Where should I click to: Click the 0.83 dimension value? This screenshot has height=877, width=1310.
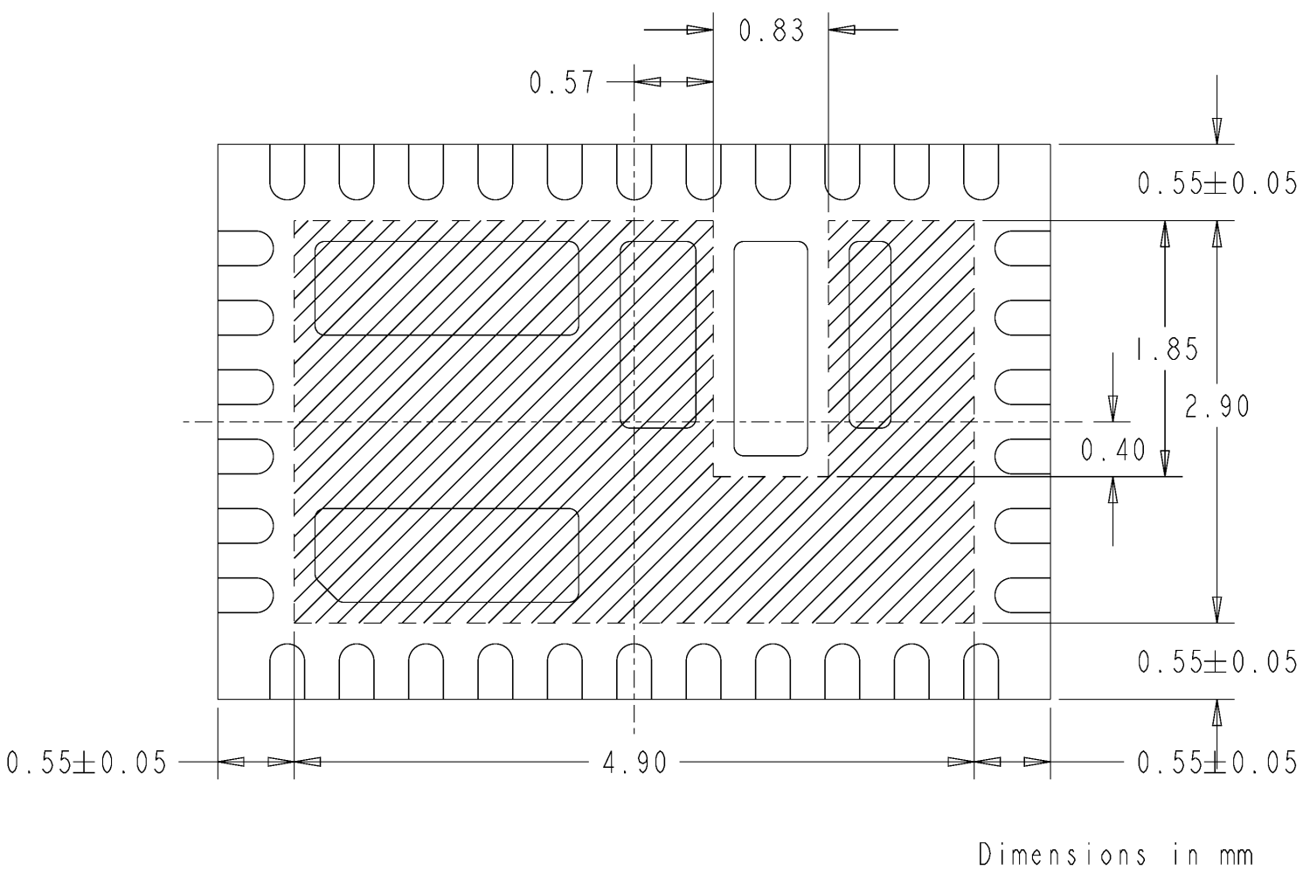coord(771,31)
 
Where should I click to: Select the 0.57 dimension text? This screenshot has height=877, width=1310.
coord(561,84)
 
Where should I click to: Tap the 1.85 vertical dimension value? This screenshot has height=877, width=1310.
coord(1166,349)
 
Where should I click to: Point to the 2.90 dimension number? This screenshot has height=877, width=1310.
coord(1217,405)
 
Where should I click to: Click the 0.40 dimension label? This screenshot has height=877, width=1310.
coord(1112,450)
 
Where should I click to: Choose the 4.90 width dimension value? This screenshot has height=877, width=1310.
coord(634,763)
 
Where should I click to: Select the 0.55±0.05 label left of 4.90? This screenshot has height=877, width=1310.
coord(86,763)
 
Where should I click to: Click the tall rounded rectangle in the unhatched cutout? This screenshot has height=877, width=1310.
coord(770,349)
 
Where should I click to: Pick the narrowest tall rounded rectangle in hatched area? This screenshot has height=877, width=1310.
coord(870,335)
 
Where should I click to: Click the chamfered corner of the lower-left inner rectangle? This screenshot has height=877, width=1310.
coord(328,590)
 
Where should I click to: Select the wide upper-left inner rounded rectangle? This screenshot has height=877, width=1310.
coord(447,288)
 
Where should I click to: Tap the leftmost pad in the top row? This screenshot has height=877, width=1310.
coord(287,171)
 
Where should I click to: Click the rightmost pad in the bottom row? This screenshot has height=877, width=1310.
coord(981,672)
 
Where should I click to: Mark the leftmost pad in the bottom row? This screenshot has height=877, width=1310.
coord(287,672)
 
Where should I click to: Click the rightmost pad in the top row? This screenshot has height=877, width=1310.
coord(981,171)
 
